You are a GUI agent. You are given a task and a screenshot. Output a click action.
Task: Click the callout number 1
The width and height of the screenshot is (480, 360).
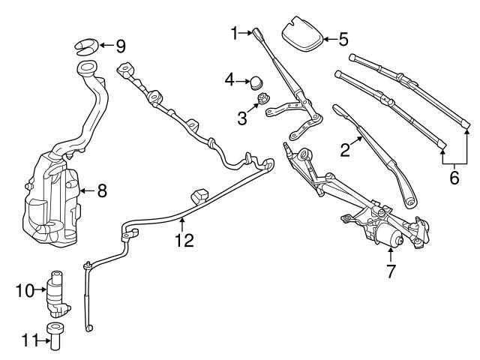click(234, 32)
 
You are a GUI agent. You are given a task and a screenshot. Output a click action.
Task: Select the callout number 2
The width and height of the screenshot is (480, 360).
click(345, 150)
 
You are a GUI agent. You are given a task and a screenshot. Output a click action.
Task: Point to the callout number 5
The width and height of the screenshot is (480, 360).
click(343, 38)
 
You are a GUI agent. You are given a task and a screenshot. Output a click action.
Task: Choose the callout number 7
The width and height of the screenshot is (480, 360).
click(390, 271)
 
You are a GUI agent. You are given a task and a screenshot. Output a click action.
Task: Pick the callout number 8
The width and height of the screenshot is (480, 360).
click(102, 190)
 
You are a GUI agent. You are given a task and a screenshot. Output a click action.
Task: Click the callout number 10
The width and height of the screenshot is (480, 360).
click(24, 289)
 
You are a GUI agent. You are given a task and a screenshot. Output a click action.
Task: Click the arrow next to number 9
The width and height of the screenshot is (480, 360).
click(106, 46)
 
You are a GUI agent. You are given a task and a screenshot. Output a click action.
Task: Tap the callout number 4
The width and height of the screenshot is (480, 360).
click(230, 77)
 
